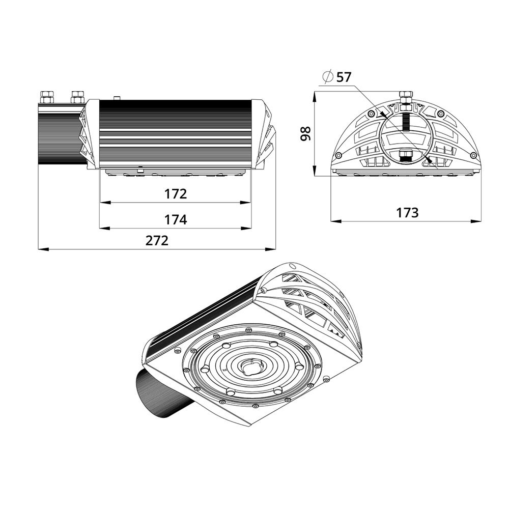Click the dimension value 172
coord(175,194)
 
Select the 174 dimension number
coord(175,220)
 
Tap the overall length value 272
coord(157,241)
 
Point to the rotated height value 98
coord(305,133)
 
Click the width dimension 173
coord(407,213)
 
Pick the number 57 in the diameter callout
coord(344,77)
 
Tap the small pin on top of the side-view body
coord(117,97)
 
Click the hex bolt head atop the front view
coord(406,95)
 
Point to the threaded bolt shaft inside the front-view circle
coord(406,122)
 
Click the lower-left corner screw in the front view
coord(337,155)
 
